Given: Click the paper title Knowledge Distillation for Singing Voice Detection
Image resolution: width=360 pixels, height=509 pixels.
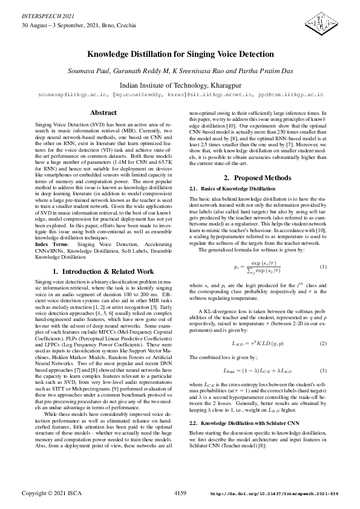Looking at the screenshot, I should pyautogui.click(x=180, y=54).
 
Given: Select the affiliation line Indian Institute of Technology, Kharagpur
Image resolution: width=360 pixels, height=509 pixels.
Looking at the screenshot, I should pyautogui.click(x=180, y=85).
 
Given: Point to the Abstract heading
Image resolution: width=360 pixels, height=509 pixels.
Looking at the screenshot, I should pyautogui.click(x=103, y=113).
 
